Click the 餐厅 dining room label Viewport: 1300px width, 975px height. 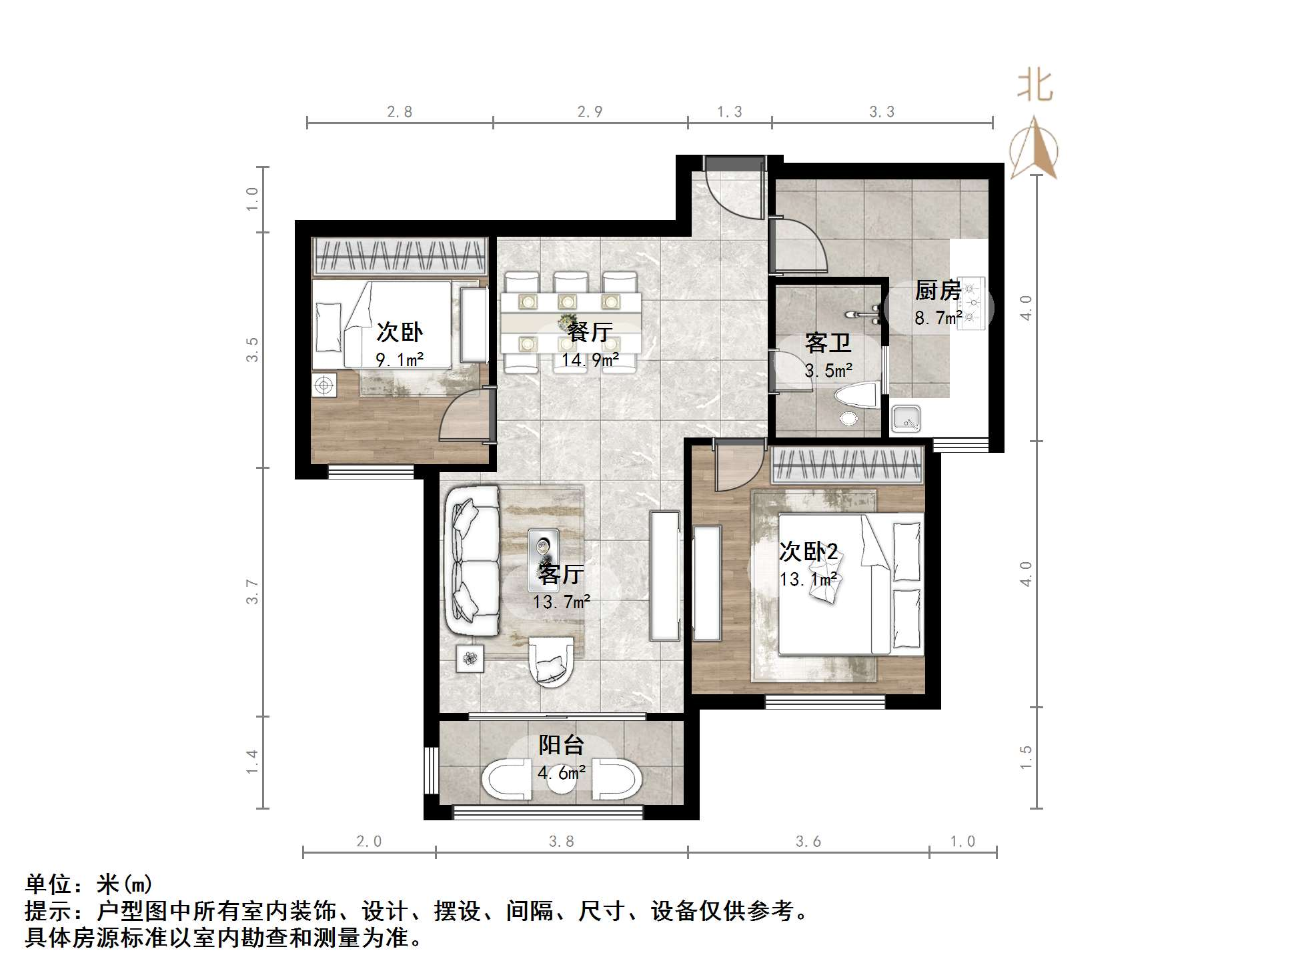point(590,331)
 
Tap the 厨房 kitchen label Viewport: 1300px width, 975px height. point(938,291)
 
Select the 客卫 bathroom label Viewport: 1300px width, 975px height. point(828,343)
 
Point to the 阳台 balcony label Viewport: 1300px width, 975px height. point(561,745)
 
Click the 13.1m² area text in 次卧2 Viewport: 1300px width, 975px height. point(808,579)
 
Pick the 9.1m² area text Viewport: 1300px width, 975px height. point(400,360)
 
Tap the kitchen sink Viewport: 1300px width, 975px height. point(906,419)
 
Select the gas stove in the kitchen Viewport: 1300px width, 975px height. point(971,303)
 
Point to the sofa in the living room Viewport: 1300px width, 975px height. point(472,562)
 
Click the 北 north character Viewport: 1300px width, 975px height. point(1035,86)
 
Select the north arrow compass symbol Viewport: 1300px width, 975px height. point(1033,148)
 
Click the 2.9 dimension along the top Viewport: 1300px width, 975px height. point(590,111)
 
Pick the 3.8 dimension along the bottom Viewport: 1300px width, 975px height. point(561,842)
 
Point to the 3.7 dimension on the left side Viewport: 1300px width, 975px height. point(251,592)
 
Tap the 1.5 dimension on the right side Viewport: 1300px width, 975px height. point(1026,758)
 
